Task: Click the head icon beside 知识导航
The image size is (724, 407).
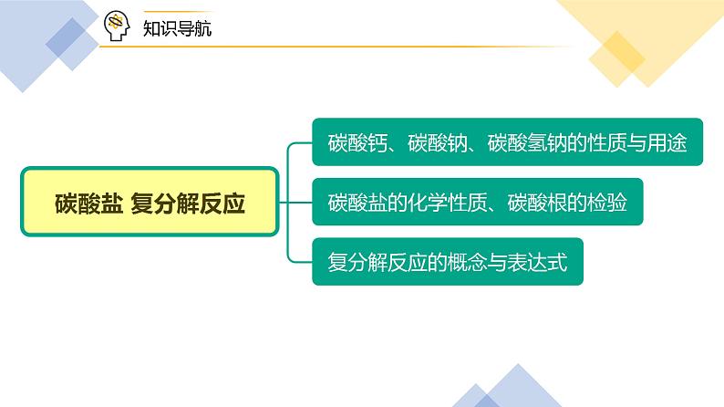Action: pos(117,26)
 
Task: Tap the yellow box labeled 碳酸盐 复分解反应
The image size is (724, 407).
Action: pos(149,203)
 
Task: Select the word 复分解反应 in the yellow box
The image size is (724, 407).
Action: pos(189,203)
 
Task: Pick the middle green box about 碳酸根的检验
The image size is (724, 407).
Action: pos(477,202)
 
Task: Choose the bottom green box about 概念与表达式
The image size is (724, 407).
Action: pos(447,262)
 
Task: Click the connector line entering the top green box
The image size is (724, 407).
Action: pos(299,143)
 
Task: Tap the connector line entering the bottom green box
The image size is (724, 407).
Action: pos(299,261)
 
